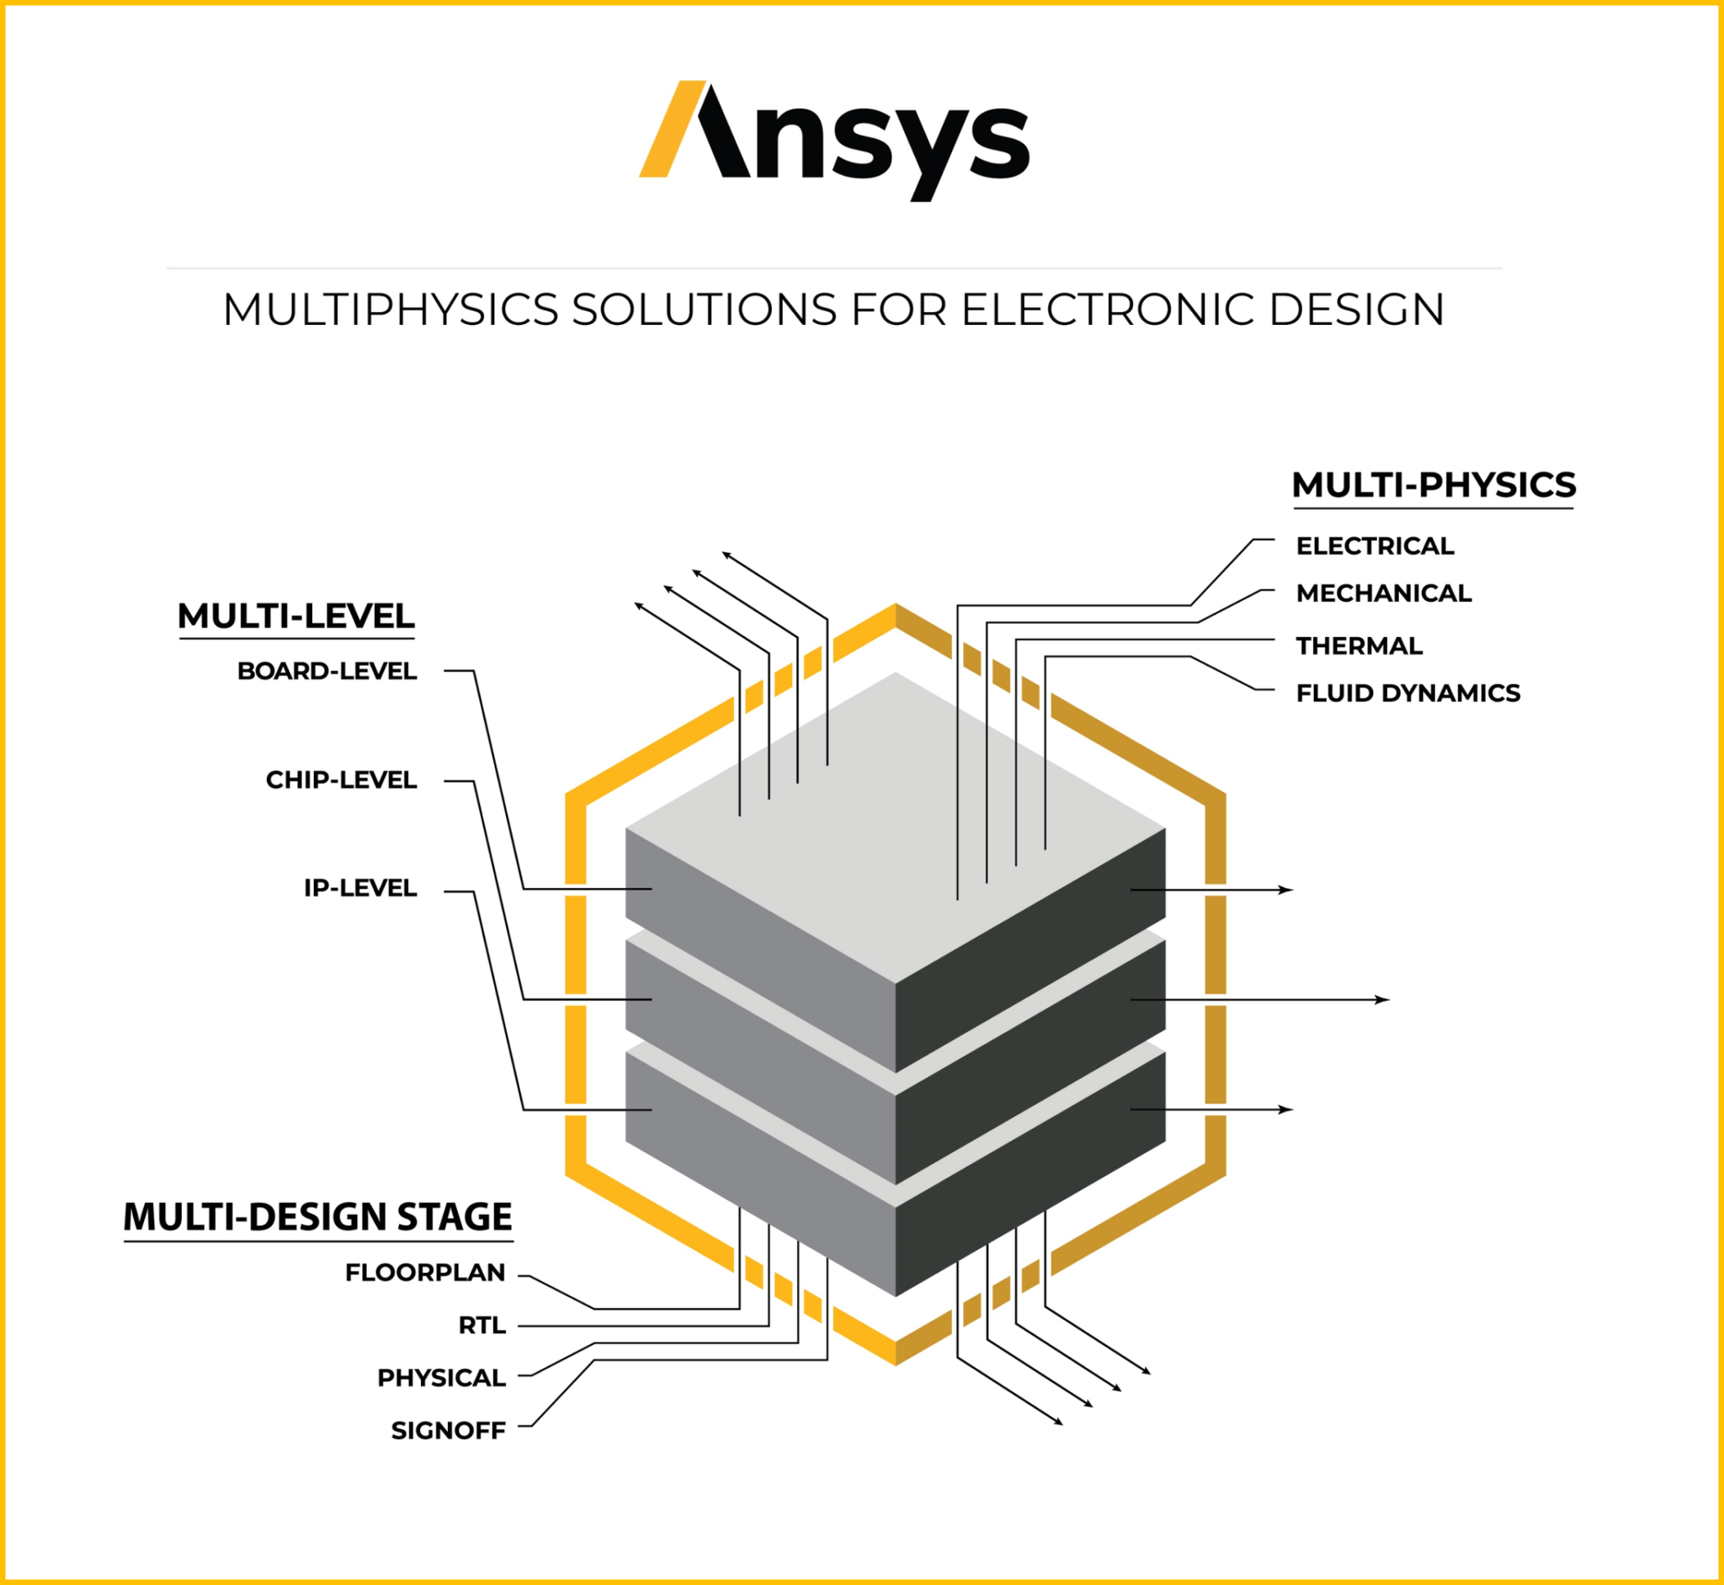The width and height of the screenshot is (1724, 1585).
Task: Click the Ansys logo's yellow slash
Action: pos(672,130)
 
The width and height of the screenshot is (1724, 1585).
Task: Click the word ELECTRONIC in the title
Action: pos(1110,310)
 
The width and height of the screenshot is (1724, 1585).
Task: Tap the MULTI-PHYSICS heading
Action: pos(1433,486)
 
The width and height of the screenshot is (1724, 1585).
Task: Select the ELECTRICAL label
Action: pos(1374,545)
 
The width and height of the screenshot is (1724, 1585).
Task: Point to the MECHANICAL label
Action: pos(1382,593)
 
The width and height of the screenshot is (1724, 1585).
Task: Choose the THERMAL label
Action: pos(1359,645)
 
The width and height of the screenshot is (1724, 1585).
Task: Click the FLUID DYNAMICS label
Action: pos(1407,692)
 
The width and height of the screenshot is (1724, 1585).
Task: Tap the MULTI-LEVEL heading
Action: pos(296,616)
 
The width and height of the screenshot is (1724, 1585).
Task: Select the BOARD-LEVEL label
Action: pos(327,671)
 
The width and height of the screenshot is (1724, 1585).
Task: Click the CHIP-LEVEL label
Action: pos(341,779)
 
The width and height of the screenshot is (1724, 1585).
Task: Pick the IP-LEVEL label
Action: pos(360,888)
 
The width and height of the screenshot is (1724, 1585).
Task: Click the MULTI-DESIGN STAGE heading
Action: pos(317,1217)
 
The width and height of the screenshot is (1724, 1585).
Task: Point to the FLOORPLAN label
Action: pos(424,1273)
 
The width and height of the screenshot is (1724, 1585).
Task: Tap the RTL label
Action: pos(482,1325)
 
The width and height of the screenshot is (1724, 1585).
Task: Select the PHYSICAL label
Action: pos(441,1377)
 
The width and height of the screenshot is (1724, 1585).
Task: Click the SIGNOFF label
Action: pos(448,1429)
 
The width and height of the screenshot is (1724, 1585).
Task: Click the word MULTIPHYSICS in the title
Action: pos(391,310)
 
